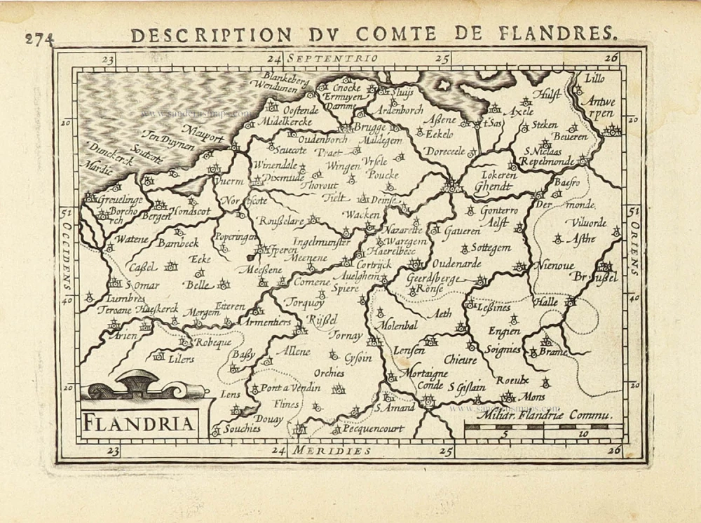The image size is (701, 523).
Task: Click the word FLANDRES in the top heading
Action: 560,33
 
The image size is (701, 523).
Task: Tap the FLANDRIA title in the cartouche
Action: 140,423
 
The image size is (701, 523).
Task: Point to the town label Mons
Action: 534,396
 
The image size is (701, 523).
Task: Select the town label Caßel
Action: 142,266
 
